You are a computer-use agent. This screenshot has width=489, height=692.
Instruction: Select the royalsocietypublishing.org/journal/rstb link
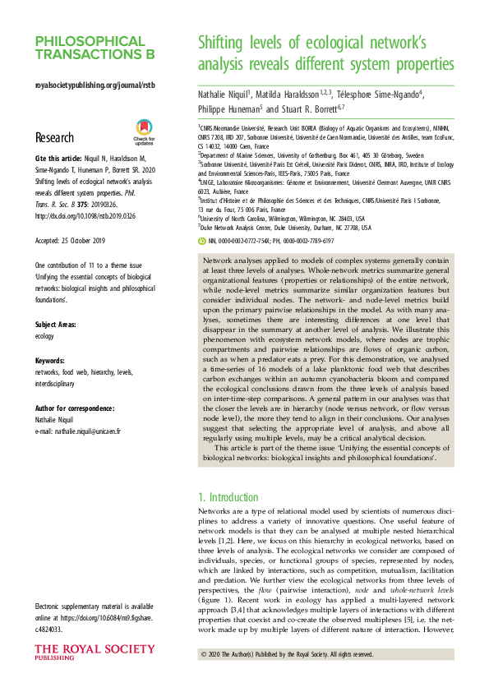pos(95,85)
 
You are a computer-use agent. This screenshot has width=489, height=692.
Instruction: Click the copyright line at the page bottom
pos(286,654)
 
